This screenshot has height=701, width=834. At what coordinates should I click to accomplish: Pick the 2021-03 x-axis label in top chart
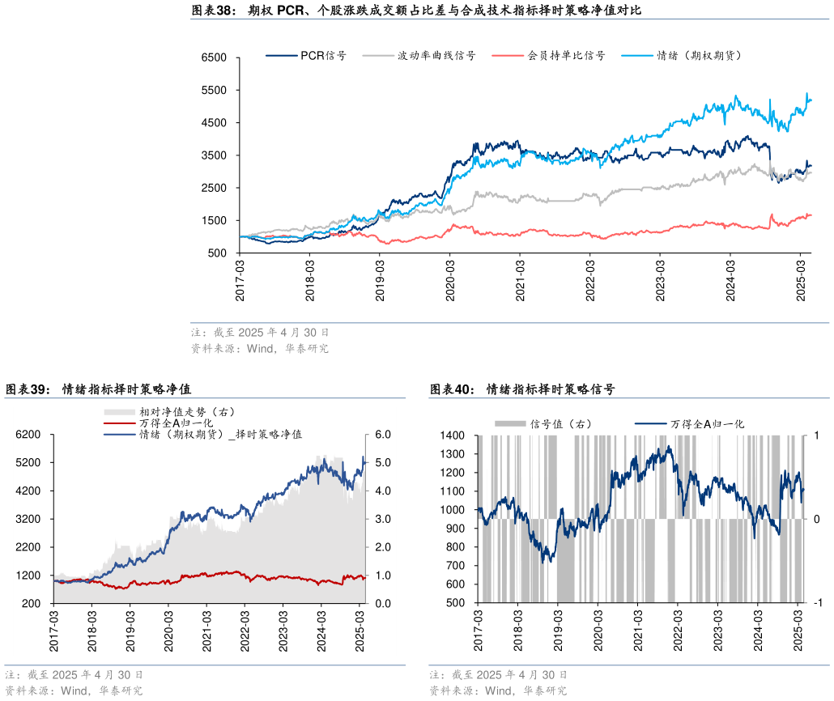[x=521, y=279]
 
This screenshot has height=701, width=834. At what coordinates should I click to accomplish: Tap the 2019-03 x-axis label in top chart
[x=381, y=279]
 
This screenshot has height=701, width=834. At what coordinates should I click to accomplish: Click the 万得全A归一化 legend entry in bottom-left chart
[x=175, y=423]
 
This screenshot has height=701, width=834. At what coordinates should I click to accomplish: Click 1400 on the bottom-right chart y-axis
[x=453, y=435]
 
